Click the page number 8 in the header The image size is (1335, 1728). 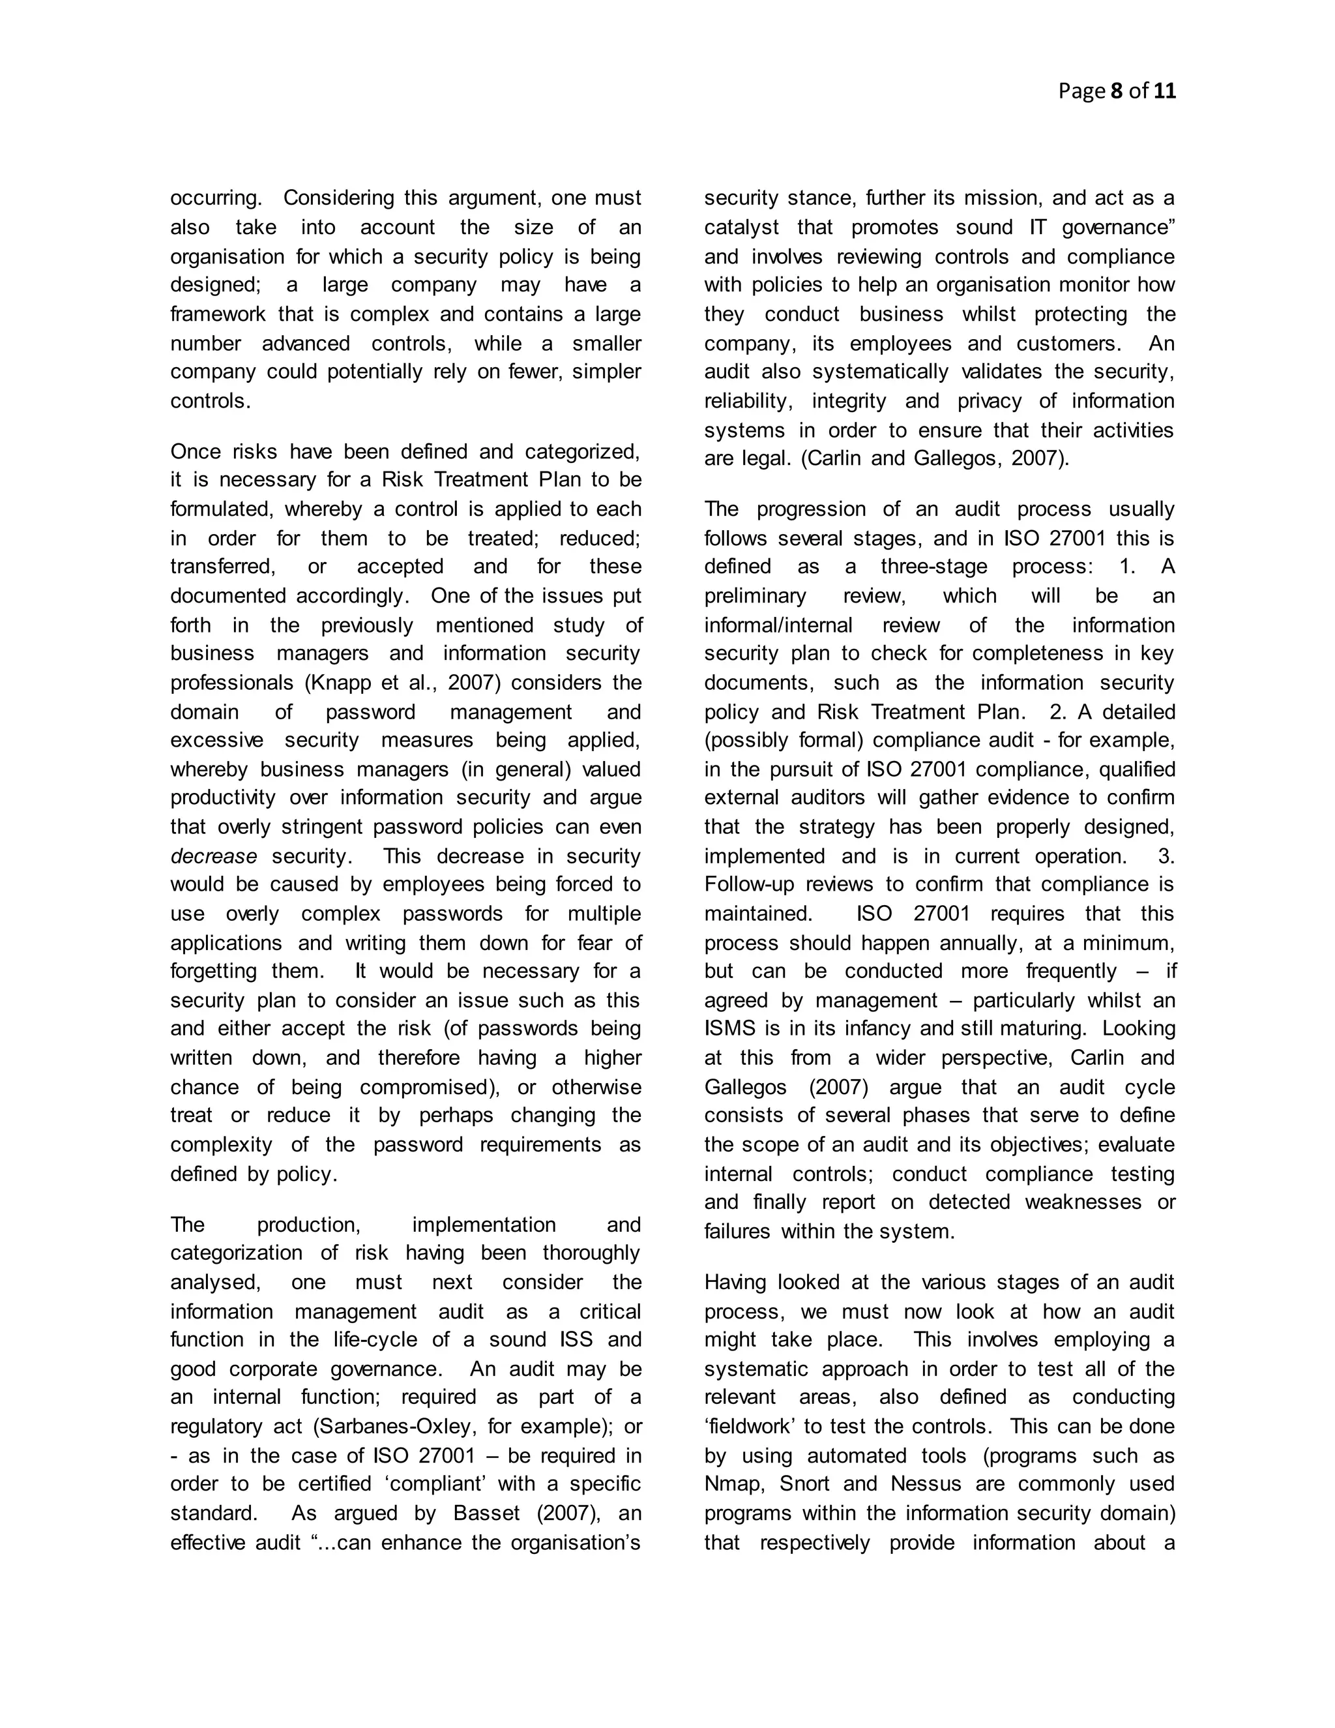pyautogui.click(x=1117, y=91)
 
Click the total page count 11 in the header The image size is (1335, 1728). pyautogui.click(x=1164, y=91)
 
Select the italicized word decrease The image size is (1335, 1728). pyautogui.click(x=214, y=856)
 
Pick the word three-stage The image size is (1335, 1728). pyautogui.click(x=934, y=567)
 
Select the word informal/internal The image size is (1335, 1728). pyautogui.click(x=778, y=625)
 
